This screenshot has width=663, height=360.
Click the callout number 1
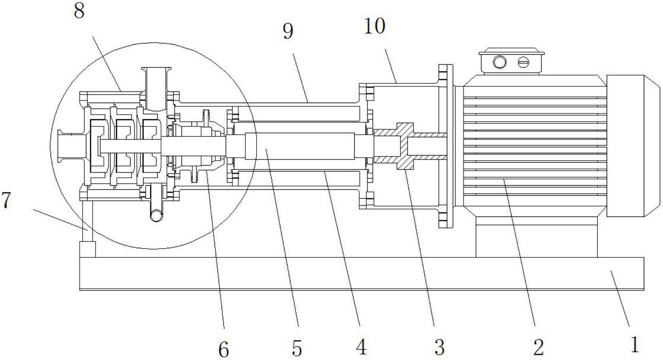coord(634,344)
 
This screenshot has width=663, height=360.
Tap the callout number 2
coord(538,347)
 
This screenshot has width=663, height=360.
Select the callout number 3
coord(439,347)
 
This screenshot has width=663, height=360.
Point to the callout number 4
coord(361,347)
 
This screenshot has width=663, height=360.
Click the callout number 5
coord(297,348)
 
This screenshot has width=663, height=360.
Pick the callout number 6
coord(224,349)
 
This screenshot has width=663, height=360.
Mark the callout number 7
coord(6,200)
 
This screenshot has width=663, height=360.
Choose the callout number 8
coord(79,11)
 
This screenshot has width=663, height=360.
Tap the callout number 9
coord(288,31)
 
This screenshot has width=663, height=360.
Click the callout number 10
coord(375,26)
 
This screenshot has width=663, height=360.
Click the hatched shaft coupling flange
coord(406,146)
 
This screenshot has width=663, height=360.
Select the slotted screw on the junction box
coord(524,63)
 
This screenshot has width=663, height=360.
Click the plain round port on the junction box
coord(499,62)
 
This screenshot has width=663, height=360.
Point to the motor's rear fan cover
coord(633,146)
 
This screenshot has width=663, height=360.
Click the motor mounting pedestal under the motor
coord(536,237)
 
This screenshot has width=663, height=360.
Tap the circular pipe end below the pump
coord(156,215)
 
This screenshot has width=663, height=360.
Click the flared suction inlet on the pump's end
coord(71,146)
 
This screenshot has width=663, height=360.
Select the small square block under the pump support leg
coord(88,249)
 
